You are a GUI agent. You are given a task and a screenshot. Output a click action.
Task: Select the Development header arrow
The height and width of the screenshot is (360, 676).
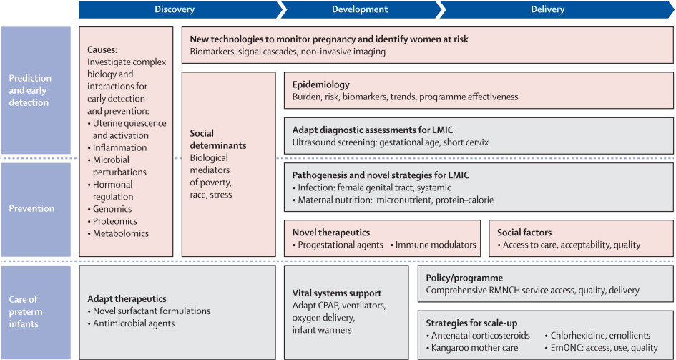[x=360, y=9]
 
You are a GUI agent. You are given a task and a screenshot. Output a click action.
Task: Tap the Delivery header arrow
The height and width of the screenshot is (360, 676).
[x=556, y=9]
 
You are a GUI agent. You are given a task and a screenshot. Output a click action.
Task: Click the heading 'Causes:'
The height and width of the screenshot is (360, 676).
[x=102, y=49]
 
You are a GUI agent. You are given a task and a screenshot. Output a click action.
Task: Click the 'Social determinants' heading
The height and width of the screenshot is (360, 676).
[x=218, y=140]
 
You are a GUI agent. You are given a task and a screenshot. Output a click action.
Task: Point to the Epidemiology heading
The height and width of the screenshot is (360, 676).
[x=320, y=85]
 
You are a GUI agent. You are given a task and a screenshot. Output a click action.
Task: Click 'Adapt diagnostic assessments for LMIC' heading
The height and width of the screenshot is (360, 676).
[x=373, y=130]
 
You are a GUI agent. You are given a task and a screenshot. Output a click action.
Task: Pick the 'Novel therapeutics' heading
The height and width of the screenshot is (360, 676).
[x=331, y=233]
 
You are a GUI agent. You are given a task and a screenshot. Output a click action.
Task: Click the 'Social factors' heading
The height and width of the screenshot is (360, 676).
[x=524, y=233]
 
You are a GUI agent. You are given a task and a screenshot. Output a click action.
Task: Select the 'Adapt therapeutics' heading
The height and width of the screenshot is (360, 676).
[x=127, y=299]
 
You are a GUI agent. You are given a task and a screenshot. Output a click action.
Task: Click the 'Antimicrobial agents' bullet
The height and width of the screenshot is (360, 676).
[x=131, y=323]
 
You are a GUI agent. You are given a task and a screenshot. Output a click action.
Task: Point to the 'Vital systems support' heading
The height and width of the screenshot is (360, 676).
[x=337, y=293]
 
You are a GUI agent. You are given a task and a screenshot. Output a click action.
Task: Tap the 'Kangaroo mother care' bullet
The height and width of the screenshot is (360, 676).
[x=472, y=348]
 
